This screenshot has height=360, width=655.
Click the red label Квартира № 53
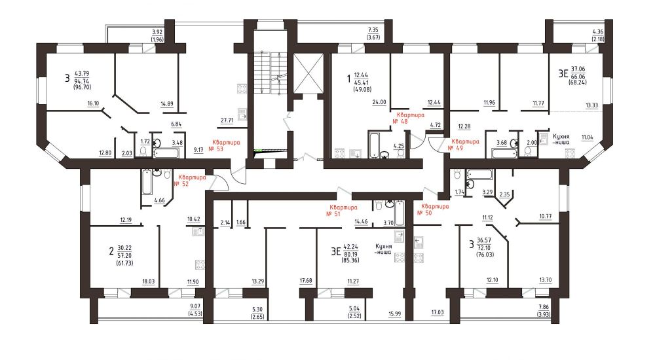click(x=226, y=145)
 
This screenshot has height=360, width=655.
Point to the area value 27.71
click(x=227, y=120)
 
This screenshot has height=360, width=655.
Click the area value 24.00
click(x=379, y=102)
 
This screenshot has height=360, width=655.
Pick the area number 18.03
click(x=148, y=281)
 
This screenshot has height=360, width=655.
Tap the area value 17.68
click(x=306, y=281)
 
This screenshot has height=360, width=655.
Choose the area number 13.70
click(x=546, y=280)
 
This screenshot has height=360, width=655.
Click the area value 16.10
click(x=93, y=103)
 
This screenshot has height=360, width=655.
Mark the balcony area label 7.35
click(x=373, y=30)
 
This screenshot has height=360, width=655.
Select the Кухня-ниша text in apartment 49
click(x=561, y=139)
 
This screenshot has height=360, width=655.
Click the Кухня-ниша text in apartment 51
click(x=383, y=249)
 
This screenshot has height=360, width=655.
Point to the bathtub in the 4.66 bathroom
click(x=147, y=182)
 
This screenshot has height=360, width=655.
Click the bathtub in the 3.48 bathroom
click(x=166, y=153)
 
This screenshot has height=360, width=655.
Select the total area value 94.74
click(x=81, y=81)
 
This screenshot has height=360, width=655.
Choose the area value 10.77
click(x=546, y=217)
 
